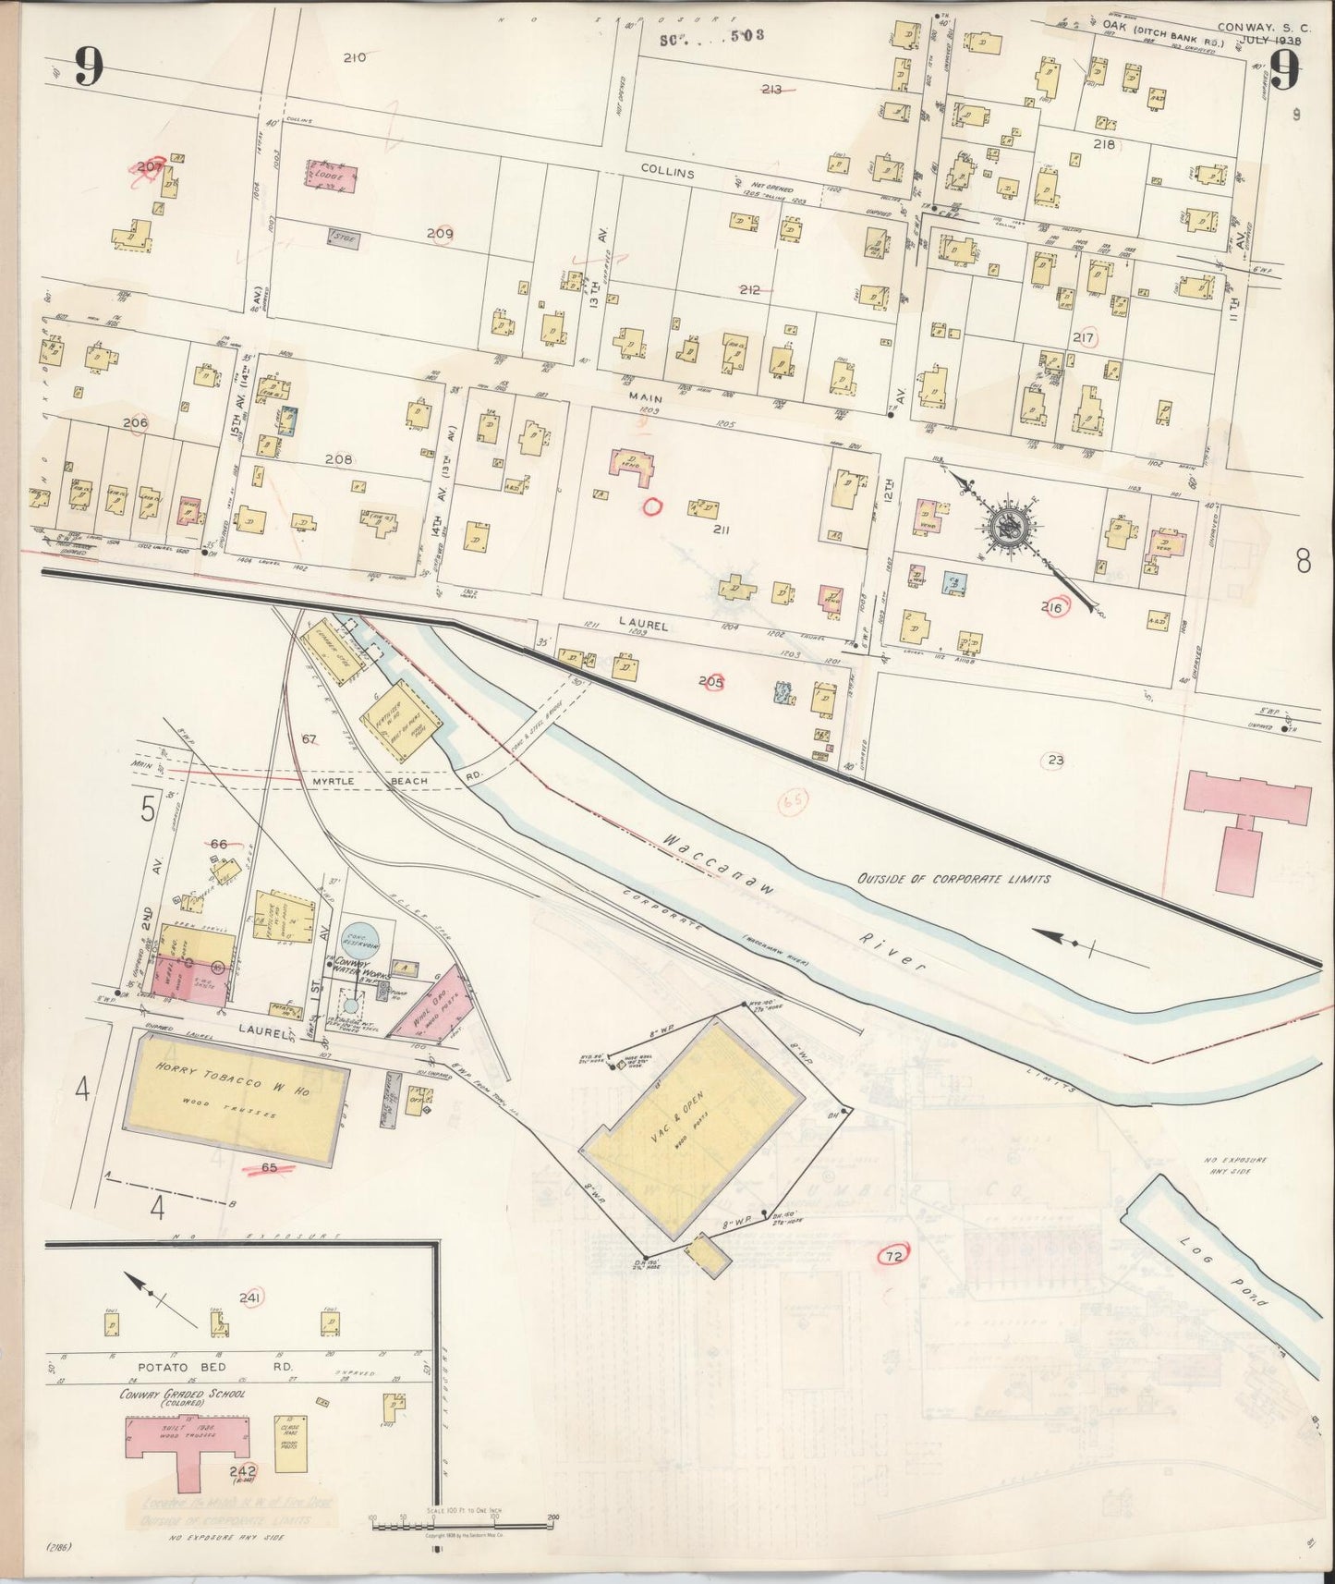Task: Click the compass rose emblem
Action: tap(1009, 529)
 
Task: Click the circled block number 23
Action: tap(1055, 761)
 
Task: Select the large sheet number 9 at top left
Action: tap(89, 66)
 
